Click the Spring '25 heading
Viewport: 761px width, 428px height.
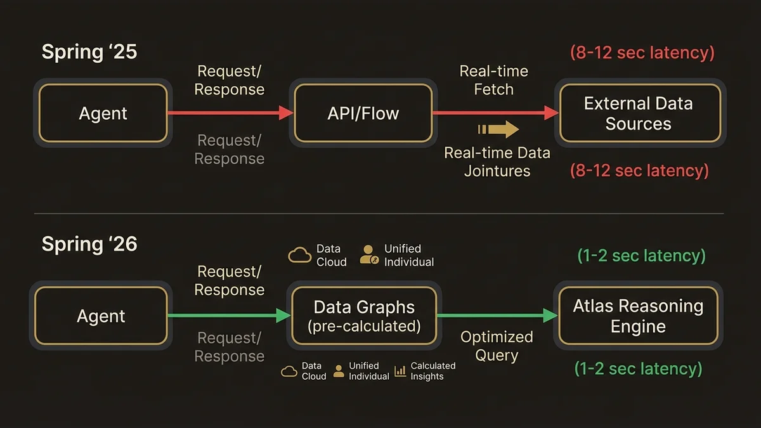coord(89,51)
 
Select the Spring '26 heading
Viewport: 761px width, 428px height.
coord(89,243)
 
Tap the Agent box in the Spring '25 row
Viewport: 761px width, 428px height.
coord(103,113)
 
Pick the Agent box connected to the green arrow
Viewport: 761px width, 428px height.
coord(101,316)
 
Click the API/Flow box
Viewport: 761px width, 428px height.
coord(363,113)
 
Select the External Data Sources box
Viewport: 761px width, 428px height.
coord(638,113)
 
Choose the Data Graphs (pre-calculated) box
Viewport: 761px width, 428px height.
coord(363,316)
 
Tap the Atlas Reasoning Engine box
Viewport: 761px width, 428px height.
coord(638,316)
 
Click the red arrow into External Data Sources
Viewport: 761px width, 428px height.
coord(495,113)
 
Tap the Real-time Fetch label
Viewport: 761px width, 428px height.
coord(493,80)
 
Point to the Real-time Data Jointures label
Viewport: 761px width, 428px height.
coord(497,162)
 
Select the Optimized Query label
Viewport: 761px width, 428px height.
coord(497,346)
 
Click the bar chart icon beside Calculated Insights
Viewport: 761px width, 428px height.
coord(400,371)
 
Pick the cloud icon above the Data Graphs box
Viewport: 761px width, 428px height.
coord(299,255)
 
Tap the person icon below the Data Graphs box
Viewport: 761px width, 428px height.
coord(339,371)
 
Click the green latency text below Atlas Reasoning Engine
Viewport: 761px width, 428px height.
coord(638,368)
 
